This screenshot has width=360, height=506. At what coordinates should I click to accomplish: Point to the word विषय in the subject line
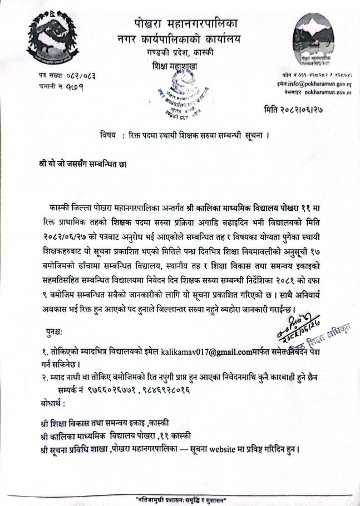coord(109,136)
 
